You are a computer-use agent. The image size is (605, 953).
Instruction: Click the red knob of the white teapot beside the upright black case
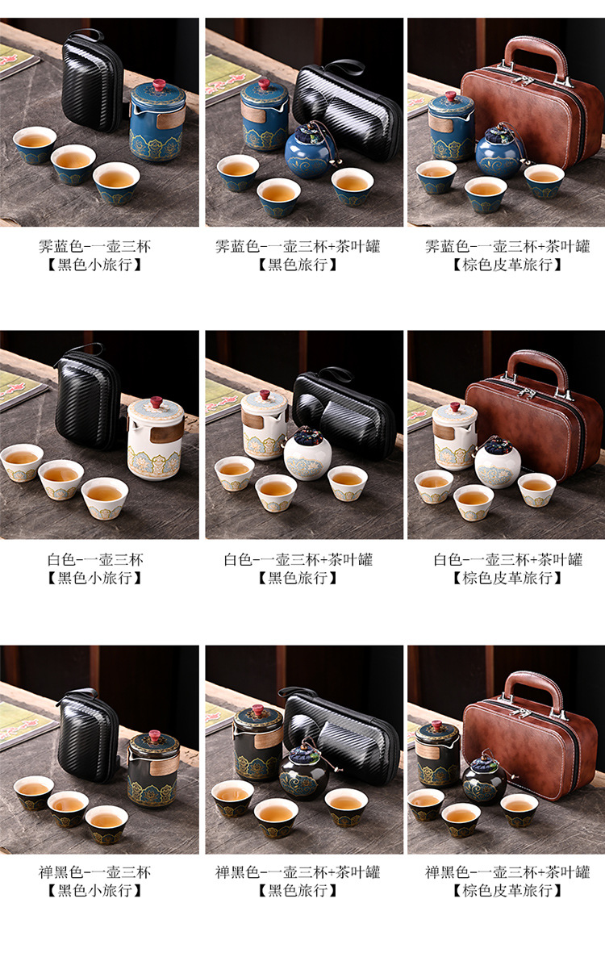pyautogui.click(x=156, y=403)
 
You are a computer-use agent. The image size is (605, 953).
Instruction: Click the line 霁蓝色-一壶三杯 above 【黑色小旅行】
pyautogui.click(x=94, y=246)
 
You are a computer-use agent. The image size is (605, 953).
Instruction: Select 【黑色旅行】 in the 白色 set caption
pyautogui.click(x=298, y=578)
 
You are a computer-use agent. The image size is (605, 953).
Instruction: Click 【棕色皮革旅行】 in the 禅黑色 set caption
pyautogui.click(x=507, y=890)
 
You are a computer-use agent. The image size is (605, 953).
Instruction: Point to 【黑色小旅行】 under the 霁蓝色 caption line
pyautogui.click(x=94, y=265)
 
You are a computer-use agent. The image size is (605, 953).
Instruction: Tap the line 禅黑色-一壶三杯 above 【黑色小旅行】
pyautogui.click(x=94, y=872)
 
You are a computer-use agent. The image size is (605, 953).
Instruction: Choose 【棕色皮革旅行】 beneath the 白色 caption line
pyautogui.click(x=507, y=578)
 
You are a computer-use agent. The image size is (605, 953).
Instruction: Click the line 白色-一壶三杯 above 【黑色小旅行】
pyautogui.click(x=94, y=559)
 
